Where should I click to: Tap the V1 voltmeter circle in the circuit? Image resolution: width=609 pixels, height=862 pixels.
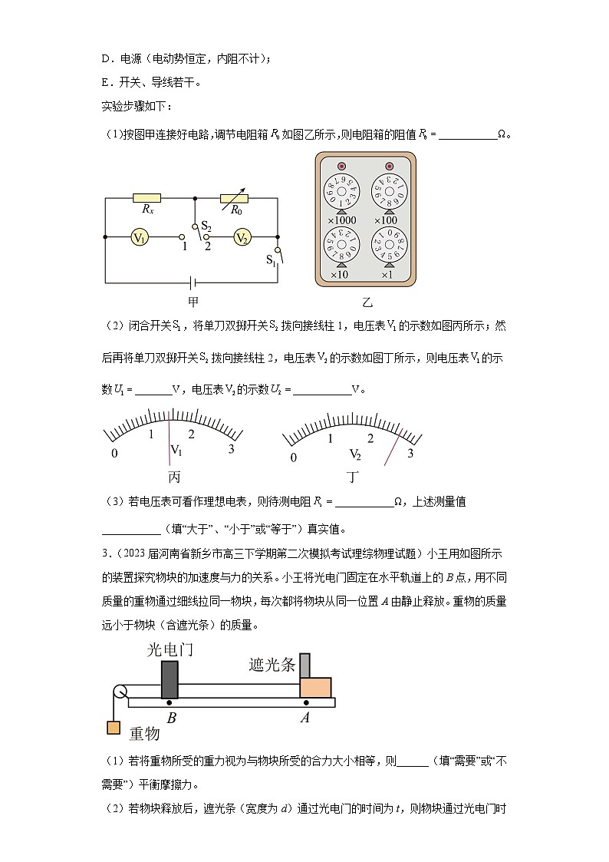tap(139, 238)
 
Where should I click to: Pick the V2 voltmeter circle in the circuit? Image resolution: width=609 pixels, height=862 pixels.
tap(242, 238)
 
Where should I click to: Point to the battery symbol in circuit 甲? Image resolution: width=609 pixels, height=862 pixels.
tap(192, 282)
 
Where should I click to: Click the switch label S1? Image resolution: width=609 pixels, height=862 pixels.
tap(271, 259)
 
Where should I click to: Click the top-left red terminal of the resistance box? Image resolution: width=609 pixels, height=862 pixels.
tap(341, 167)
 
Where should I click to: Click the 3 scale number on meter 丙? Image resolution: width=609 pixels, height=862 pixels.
tap(231, 449)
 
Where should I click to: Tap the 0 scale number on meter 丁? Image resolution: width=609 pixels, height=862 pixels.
tap(293, 458)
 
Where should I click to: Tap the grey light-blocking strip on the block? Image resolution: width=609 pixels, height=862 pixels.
tap(305, 665)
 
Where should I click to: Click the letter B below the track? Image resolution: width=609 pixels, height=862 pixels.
tap(171, 718)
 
